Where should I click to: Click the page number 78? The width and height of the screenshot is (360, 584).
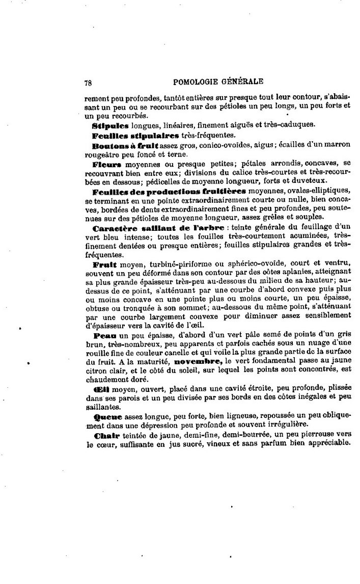[x=88, y=81]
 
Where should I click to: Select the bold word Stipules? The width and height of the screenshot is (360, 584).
[x=110, y=125]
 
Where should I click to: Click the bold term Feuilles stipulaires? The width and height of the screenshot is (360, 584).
[x=135, y=136]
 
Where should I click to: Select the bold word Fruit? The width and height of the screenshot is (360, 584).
[x=105, y=264]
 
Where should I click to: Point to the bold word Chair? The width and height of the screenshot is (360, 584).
[x=106, y=436]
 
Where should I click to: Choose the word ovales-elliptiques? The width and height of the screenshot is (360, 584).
[x=319, y=192]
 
